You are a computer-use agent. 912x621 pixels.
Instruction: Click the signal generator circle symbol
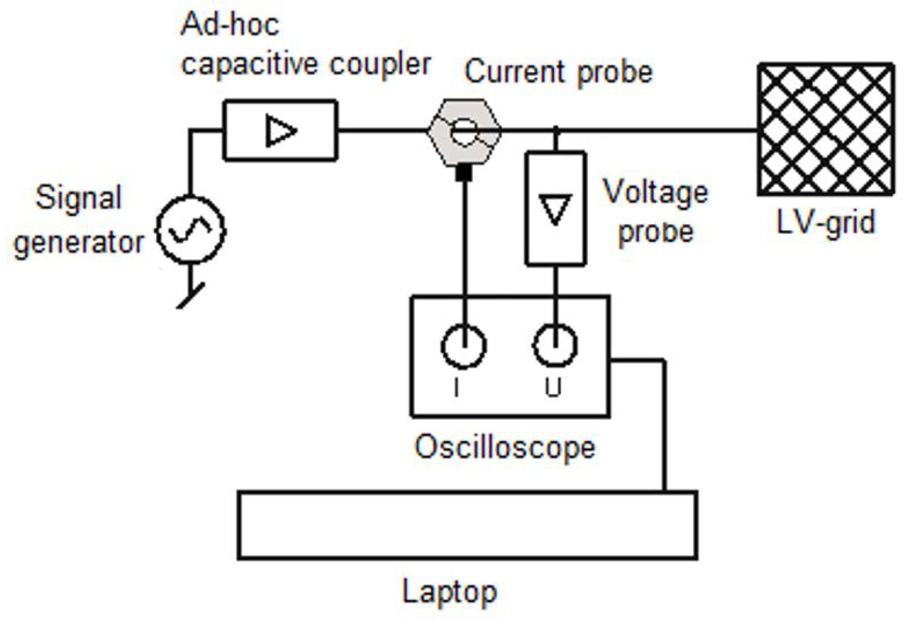point(191,230)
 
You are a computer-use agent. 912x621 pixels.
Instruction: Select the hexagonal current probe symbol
point(464,131)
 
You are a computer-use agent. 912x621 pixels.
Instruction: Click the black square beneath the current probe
point(464,173)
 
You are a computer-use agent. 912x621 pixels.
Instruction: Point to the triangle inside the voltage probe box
point(555,209)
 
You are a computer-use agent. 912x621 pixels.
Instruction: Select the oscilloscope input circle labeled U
point(555,345)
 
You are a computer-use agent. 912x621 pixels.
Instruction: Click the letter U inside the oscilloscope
point(553,387)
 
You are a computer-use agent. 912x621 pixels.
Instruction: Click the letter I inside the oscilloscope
point(457,388)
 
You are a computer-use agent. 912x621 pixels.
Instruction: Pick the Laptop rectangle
point(467,525)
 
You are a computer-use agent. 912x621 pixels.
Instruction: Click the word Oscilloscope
point(505,447)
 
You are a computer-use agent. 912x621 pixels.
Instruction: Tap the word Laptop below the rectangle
point(450,592)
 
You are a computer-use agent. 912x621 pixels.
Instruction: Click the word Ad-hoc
point(230,24)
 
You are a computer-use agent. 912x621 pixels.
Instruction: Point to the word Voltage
point(655,192)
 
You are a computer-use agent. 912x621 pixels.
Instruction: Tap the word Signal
point(79,198)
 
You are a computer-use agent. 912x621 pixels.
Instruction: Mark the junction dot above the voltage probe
point(556,129)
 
